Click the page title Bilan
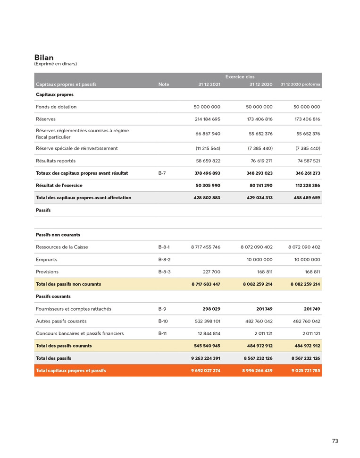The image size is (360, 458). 44,58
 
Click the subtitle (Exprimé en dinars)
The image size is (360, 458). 55,64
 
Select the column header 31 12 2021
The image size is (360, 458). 209,85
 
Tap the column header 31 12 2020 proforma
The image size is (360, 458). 300,85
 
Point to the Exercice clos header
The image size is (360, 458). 240,76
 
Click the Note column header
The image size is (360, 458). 164,85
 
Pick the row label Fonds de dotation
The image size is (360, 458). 56,107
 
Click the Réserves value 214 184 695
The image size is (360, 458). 207,119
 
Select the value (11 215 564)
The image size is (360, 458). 208,148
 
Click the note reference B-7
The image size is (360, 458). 162,173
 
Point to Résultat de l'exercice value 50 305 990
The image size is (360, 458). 208,185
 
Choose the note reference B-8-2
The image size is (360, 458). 164,259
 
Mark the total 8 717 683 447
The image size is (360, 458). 205,284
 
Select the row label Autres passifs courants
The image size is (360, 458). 61,321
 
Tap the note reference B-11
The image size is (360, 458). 162,333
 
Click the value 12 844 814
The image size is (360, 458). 209,333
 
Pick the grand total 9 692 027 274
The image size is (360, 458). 205,371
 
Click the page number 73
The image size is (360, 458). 335,441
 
